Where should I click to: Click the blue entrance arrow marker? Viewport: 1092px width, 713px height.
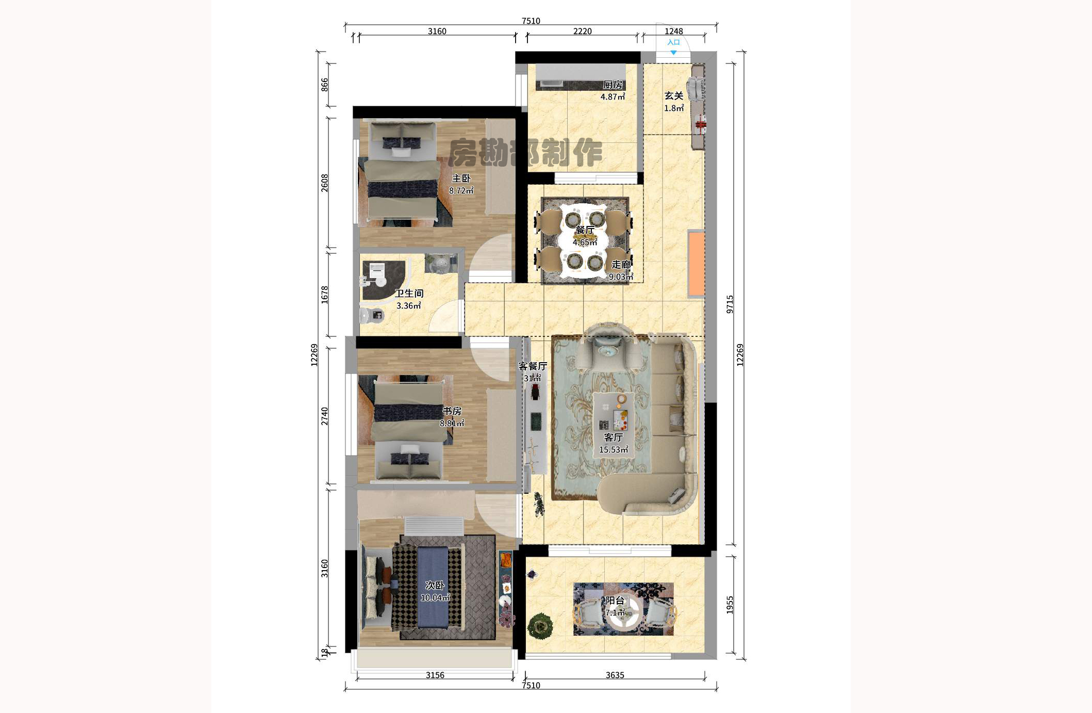[x=673, y=53]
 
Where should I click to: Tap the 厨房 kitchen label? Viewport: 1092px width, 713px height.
[x=613, y=85]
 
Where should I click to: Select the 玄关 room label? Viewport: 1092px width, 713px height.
[x=673, y=96]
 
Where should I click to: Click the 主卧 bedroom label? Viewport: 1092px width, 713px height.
[x=461, y=179]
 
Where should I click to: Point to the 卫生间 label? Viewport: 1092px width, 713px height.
[x=409, y=294]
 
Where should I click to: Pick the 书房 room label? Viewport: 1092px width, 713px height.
[x=452, y=411]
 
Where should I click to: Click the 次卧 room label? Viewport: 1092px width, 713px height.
[x=435, y=586]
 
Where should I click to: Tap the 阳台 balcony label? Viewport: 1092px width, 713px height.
[x=615, y=601]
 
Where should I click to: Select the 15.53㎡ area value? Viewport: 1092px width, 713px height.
[x=613, y=450]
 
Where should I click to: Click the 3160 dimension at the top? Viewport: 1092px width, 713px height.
[x=437, y=31]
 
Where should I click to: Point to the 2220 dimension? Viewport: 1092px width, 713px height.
[x=582, y=31]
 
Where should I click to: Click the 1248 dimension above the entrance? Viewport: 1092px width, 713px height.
[x=673, y=31]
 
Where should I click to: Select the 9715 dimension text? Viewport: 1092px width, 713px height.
[x=730, y=304]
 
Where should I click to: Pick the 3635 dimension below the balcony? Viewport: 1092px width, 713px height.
[x=615, y=675]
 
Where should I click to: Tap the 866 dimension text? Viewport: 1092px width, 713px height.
[x=324, y=85]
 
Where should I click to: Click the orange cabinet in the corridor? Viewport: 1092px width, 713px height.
[x=696, y=264]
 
